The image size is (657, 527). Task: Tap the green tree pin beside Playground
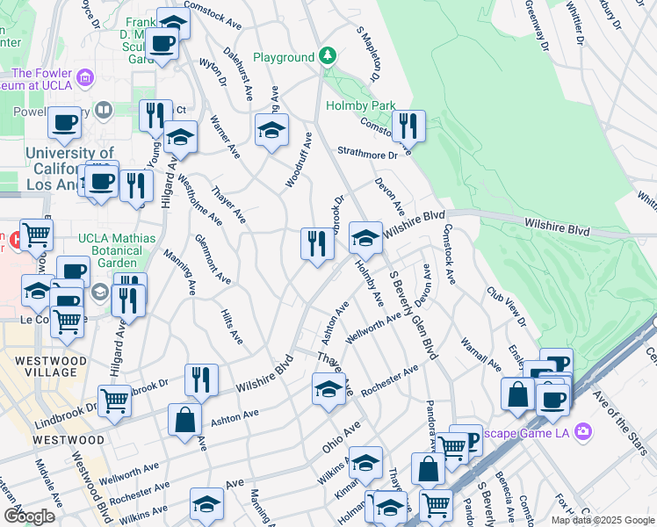pyautogui.click(x=328, y=57)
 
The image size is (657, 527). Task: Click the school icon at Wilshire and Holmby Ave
pyautogui.click(x=365, y=238)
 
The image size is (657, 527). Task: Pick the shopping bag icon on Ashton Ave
pyautogui.click(x=184, y=420)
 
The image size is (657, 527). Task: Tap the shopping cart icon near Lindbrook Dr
pyautogui.click(x=115, y=401)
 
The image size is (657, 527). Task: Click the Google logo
pyautogui.click(x=29, y=516)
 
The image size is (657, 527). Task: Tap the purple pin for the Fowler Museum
pyautogui.click(x=84, y=77)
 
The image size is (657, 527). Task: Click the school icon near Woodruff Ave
pyautogui.click(x=271, y=131)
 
